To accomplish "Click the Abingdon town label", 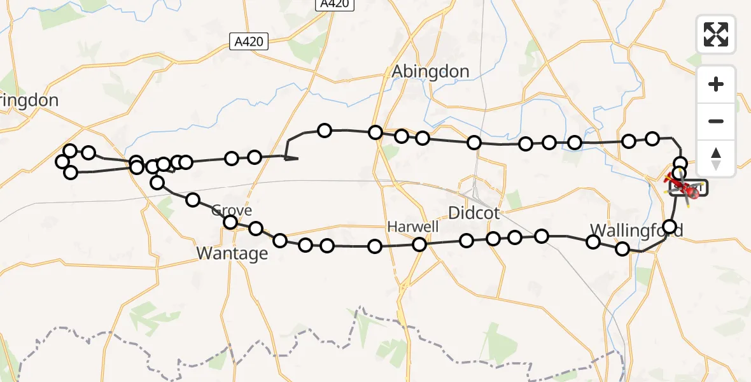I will tap(431, 71).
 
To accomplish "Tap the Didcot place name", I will tap(474, 213).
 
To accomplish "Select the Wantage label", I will tap(232, 253).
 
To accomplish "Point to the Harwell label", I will tap(414, 227).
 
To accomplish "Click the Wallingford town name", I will tap(636, 230).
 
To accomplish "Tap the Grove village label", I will tap(232, 210).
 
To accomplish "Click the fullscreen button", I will tap(716, 34).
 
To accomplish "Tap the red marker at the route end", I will tap(691, 192).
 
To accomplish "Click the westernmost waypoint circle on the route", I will tap(62, 162).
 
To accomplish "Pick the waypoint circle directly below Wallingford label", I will tap(622, 249).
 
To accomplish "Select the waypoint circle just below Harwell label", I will tap(419, 244).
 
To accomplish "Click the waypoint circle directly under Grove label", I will tap(230, 222).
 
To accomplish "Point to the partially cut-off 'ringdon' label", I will tap(29, 100).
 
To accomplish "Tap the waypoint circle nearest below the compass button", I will tap(680, 163).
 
